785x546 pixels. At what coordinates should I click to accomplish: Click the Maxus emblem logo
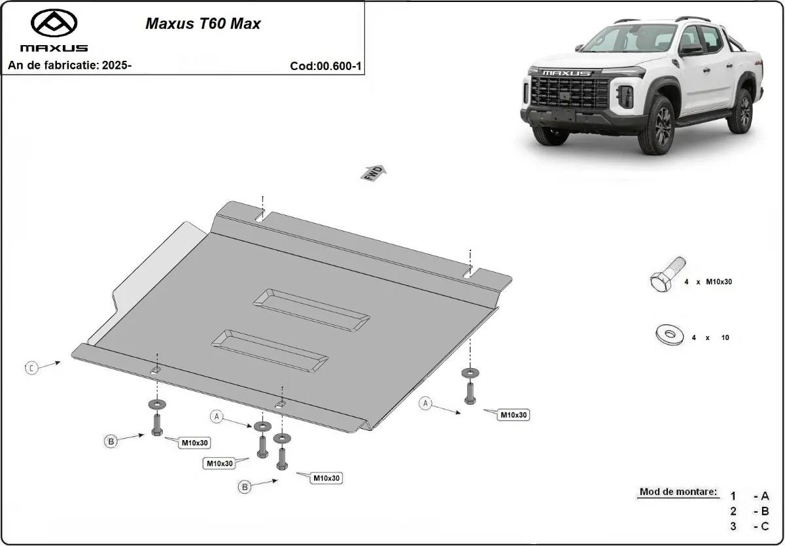pyautogui.click(x=54, y=24)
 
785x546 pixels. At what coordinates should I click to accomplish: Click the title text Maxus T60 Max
pyautogui.click(x=202, y=24)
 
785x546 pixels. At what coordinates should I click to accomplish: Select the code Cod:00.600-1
pyautogui.click(x=325, y=66)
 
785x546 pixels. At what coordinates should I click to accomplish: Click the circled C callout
pyautogui.click(x=31, y=368)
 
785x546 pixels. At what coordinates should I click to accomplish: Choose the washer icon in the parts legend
pyautogui.click(x=668, y=335)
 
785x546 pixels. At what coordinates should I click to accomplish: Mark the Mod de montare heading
pyautogui.click(x=678, y=492)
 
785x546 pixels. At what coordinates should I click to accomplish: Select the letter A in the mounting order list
pyautogui.click(x=764, y=496)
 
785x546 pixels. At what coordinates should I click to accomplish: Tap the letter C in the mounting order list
pyautogui.click(x=764, y=526)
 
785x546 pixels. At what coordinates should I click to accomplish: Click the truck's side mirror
pyautogui.click(x=690, y=50)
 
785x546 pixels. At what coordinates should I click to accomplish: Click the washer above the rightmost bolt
pyautogui.click(x=469, y=373)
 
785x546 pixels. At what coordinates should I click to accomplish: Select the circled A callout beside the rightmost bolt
pyautogui.click(x=426, y=403)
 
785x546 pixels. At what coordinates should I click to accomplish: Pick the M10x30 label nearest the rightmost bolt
pyautogui.click(x=514, y=415)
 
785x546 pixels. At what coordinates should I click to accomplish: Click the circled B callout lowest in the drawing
pyautogui.click(x=245, y=486)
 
